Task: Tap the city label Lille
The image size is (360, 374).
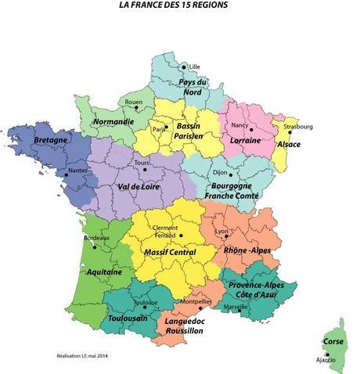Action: [194, 67]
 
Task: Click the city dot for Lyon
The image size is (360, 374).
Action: [227, 236]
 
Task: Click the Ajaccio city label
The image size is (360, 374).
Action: [326, 360]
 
